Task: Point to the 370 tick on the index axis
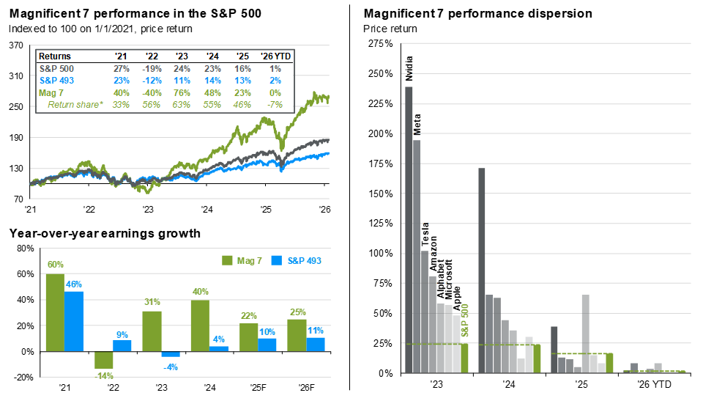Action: pyautogui.click(x=16, y=45)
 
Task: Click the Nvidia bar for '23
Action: pyautogui.click(x=409, y=229)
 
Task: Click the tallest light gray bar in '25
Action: pyautogui.click(x=586, y=334)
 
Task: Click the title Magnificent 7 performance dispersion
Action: pyautogui.click(x=477, y=14)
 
